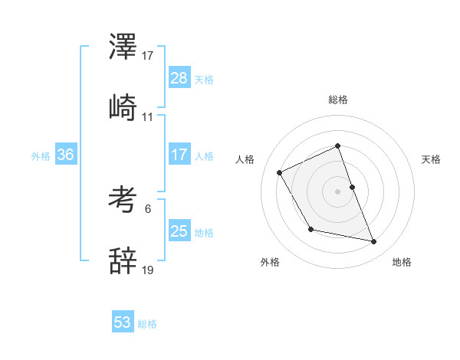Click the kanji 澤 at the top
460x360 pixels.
tap(123, 48)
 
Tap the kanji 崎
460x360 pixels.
tap(123, 108)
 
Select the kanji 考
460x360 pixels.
tap(123, 201)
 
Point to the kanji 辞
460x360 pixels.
tap(123, 261)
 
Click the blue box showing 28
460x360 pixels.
tap(179, 78)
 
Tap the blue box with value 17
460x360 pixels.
tap(179, 155)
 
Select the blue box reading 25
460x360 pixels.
tap(179, 231)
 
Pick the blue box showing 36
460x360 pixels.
tap(65, 155)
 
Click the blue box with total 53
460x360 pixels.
tap(123, 322)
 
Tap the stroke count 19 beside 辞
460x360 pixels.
tap(148, 270)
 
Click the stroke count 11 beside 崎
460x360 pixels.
tap(148, 116)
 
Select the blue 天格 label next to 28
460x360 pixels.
tap(203, 79)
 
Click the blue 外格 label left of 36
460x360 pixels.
tap(41, 155)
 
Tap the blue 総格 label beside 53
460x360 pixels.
tap(147, 324)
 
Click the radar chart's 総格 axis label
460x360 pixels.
tap(338, 100)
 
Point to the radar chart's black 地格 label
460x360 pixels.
tap(402, 262)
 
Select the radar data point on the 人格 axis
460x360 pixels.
tap(280, 172)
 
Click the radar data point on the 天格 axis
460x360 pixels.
tap(352, 187)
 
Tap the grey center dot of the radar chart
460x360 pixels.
tap(338, 191)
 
